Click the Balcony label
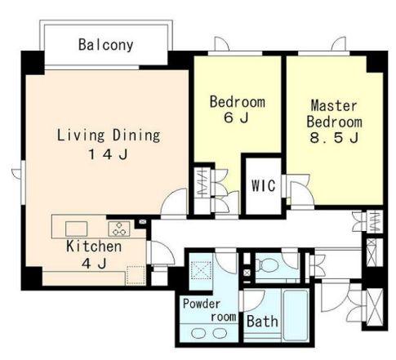pyautogui.click(x=106, y=45)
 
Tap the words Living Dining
pyautogui.click(x=109, y=136)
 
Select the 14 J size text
pyautogui.click(x=109, y=154)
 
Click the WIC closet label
pyautogui.click(x=264, y=185)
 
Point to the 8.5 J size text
pyautogui.click(x=334, y=138)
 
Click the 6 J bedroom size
pyautogui.click(x=236, y=118)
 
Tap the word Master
pyautogui.click(x=334, y=105)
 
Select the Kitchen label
pyautogui.click(x=94, y=247)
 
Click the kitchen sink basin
pyautogui.click(x=76, y=229)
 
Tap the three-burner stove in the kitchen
pyautogui.click(x=119, y=229)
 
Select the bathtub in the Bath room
pyautogui.click(x=296, y=315)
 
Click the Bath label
pyautogui.click(x=262, y=322)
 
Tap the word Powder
pyautogui.click(x=202, y=304)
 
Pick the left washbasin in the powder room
pyautogui.click(x=198, y=333)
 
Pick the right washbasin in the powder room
pyautogui.click(x=220, y=333)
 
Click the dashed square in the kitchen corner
pyautogui.click(x=136, y=275)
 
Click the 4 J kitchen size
pyautogui.click(x=94, y=264)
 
